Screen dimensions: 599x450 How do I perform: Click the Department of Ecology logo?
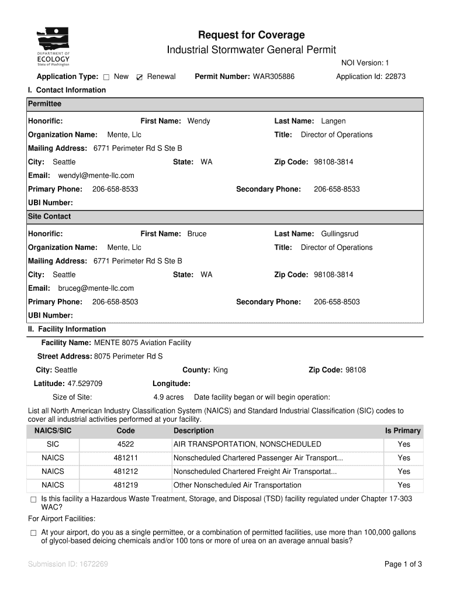click(54, 47)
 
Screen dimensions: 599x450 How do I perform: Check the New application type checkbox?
click(106, 77)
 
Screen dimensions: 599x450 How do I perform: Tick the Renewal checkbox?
click(139, 77)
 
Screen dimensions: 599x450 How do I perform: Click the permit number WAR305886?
click(274, 77)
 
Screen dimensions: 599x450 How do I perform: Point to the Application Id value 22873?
click(395, 77)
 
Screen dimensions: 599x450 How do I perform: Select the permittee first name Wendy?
click(199, 121)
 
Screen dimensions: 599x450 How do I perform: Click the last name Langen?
click(333, 121)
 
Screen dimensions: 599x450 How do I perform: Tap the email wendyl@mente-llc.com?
click(96, 175)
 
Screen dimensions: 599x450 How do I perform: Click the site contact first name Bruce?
click(197, 234)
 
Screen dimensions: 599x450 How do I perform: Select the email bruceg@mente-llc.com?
click(96, 288)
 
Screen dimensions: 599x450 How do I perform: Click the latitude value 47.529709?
click(85, 384)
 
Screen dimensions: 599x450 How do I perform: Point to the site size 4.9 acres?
click(168, 397)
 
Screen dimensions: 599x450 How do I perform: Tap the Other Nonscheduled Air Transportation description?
click(237, 485)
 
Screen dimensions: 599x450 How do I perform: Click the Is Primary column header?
click(402, 431)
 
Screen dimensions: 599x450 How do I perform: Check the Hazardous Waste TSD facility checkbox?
click(33, 500)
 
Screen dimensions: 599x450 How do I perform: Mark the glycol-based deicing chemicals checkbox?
click(33, 533)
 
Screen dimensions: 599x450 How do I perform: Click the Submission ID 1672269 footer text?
click(68, 564)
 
